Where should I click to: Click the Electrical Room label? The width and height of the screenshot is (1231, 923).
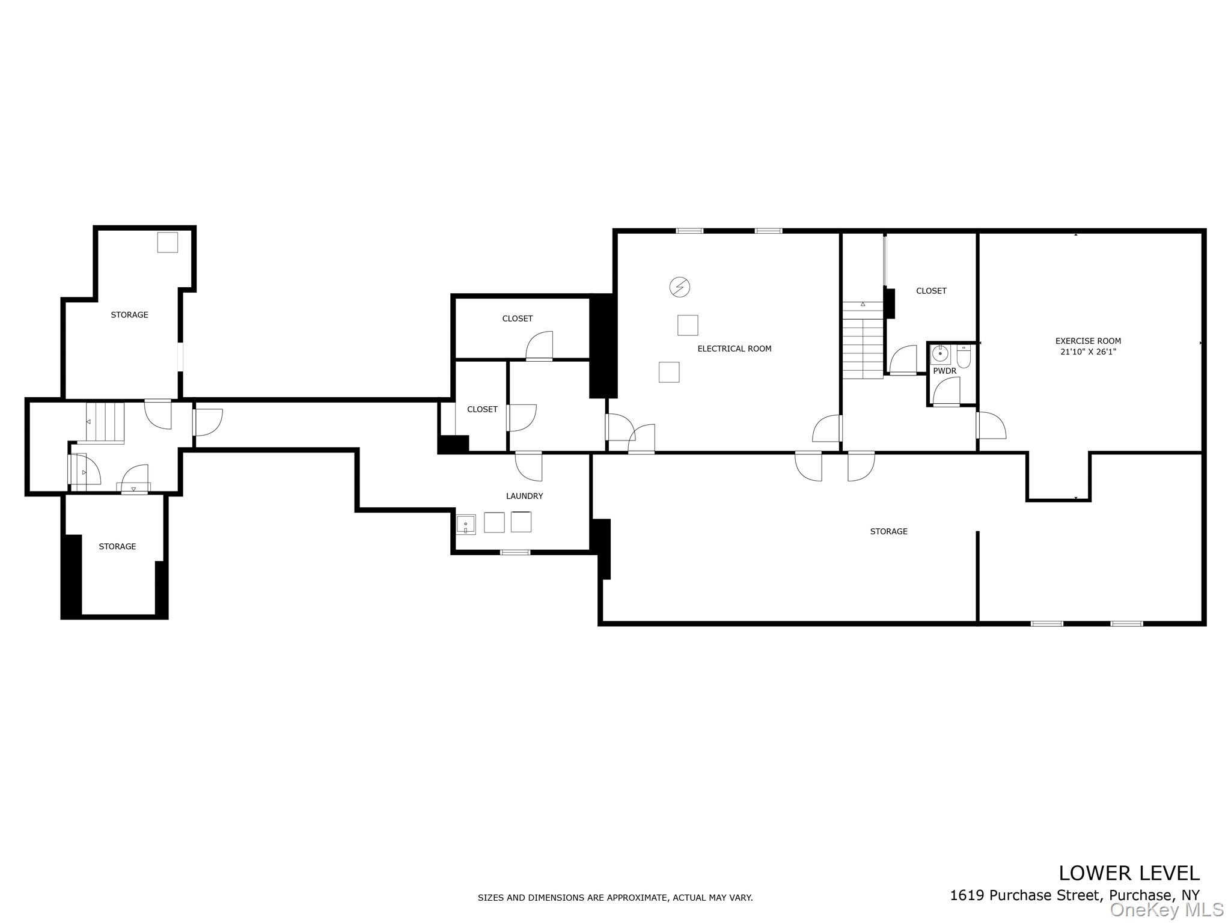(x=734, y=349)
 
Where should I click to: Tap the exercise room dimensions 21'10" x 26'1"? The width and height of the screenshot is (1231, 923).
(x=1088, y=352)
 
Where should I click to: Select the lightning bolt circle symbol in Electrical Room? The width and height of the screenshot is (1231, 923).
(x=680, y=287)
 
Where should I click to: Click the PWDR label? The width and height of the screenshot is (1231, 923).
(x=944, y=371)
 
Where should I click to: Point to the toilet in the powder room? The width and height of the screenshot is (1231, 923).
(x=964, y=356)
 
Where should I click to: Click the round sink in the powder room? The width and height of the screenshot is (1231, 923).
(x=940, y=355)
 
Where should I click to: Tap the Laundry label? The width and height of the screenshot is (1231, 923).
(x=524, y=496)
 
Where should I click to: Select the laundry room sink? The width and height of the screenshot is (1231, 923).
(x=466, y=525)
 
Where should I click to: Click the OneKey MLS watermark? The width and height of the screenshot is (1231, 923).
(x=1167, y=910)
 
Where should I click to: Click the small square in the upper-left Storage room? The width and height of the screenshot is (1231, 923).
(x=168, y=242)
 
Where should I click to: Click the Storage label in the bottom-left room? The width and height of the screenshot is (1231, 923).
(x=117, y=546)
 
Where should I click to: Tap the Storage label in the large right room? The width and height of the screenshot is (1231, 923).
(x=888, y=531)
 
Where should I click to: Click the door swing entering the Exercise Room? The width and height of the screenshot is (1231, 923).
(x=991, y=426)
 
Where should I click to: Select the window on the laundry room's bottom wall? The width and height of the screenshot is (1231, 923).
(x=515, y=552)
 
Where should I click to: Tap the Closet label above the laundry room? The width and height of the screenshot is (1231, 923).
(x=482, y=409)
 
